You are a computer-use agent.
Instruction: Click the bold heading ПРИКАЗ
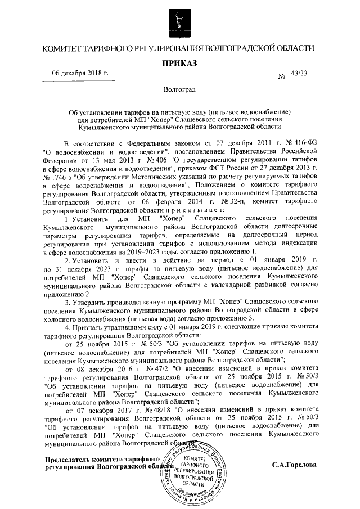[179, 64]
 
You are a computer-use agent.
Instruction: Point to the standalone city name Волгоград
[179, 90]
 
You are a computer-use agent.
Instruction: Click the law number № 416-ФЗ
[299, 144]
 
